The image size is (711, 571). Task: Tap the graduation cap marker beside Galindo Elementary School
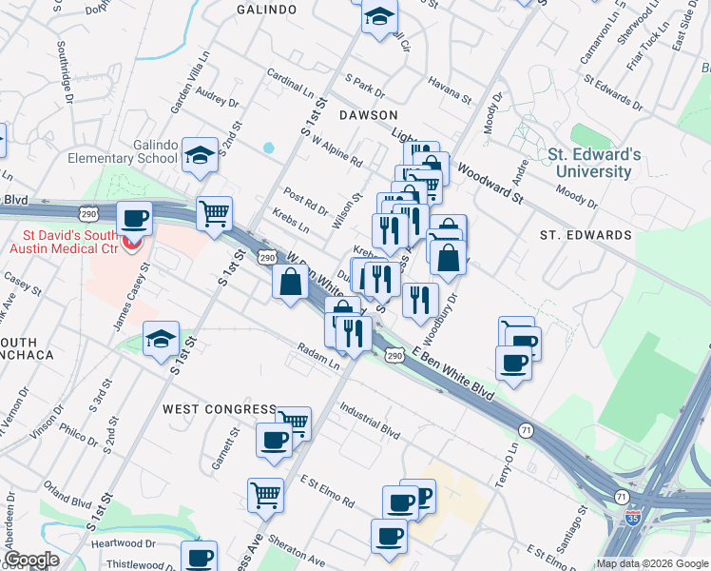tap(201, 154)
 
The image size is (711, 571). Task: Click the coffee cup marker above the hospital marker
tap(135, 219)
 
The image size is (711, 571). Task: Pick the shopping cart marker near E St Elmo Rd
tap(265, 493)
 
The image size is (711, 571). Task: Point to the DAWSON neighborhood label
tap(368, 114)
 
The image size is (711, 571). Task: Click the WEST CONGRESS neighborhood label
tap(219, 409)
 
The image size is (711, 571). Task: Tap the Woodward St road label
tap(490, 184)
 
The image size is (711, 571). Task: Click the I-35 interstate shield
tap(634, 518)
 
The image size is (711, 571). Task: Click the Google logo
tap(31, 560)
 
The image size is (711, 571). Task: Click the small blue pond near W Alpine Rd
tap(268, 148)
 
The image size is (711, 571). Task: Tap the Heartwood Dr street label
tap(124, 543)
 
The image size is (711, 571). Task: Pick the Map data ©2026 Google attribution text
tap(652, 563)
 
